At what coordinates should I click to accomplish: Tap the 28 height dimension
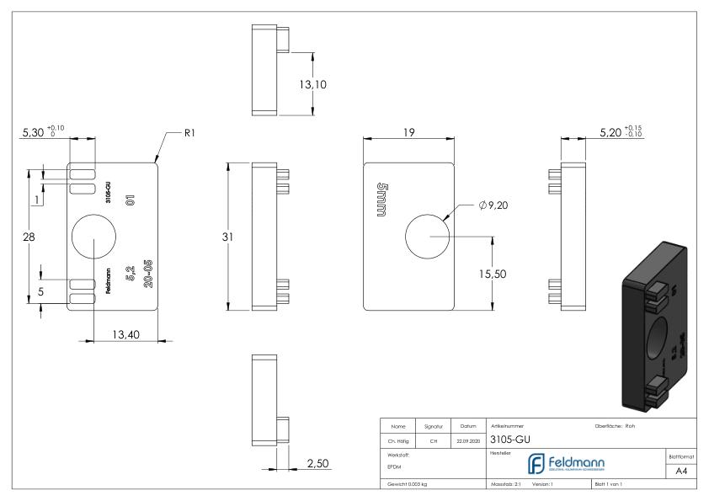28,237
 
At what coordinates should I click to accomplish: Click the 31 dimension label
227,237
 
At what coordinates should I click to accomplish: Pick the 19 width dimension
408,132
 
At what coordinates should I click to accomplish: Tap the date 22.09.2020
466,439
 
